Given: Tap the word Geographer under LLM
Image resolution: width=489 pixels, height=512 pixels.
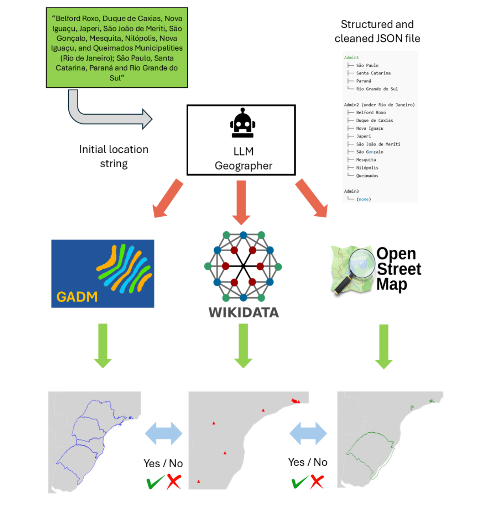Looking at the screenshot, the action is coord(243,166).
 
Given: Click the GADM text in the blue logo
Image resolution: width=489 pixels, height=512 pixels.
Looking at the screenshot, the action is coord(77,296).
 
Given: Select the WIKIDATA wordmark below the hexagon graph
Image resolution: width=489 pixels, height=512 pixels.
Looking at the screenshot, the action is coord(244,312).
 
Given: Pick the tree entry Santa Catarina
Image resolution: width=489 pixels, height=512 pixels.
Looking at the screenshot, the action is coord(373,73).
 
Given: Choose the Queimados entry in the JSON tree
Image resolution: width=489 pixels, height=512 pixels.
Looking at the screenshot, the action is coord(367,176).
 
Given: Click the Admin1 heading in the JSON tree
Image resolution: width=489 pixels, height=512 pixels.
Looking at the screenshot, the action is coord(351,58).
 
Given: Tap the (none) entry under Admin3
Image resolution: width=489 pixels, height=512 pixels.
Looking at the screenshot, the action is coord(364,199).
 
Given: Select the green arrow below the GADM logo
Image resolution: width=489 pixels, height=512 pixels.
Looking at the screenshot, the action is coord(103,346).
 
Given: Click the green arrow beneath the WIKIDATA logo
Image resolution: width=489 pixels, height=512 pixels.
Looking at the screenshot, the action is coord(243,346).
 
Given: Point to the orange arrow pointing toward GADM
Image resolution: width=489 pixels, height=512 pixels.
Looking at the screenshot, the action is coord(167,198).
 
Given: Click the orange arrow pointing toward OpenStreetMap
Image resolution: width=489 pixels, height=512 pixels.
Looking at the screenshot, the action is coord(312,198).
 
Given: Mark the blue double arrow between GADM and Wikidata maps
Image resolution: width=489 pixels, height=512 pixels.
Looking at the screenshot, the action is coord(164,433).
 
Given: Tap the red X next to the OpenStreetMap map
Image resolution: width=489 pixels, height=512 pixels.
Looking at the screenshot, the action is coord(317,482).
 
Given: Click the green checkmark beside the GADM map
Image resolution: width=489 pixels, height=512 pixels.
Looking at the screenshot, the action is coord(155,482).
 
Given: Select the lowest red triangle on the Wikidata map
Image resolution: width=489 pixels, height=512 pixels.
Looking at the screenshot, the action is coord(199,481).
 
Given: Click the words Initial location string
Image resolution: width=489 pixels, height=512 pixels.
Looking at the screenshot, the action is coord(114,157).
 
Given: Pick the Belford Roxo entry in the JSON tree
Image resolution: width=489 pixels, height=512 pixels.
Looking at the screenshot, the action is coord(371,113).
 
